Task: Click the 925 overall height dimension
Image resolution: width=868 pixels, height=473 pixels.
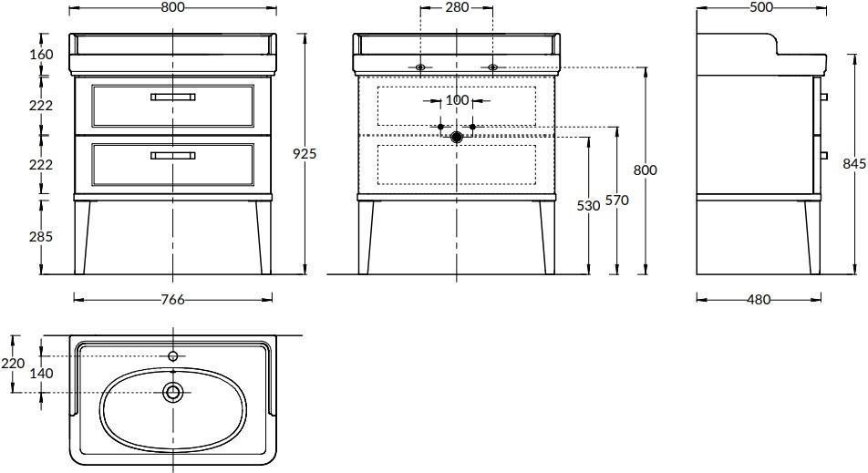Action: pos(305,153)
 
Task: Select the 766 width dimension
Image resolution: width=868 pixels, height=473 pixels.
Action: pos(172,300)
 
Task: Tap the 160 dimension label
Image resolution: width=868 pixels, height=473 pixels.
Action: pos(42,54)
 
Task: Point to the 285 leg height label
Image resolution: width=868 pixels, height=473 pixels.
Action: pos(41,236)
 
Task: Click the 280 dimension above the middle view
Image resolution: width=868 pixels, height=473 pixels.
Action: pos(457,7)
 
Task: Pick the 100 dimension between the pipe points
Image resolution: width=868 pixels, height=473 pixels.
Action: pos(457,100)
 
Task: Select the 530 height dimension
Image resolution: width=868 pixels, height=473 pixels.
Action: pos(588,206)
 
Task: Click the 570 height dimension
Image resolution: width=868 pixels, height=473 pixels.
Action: pos(616,200)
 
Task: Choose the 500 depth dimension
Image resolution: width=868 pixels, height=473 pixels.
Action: pos(761,7)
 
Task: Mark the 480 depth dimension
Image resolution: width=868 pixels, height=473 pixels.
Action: pos(759,299)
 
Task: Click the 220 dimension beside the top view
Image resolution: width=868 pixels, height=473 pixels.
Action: pos(13,364)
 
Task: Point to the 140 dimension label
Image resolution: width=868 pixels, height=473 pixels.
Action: pos(42,374)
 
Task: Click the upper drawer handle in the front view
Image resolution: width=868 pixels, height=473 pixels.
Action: pos(172,97)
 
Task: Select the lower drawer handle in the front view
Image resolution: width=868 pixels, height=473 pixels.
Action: pos(172,156)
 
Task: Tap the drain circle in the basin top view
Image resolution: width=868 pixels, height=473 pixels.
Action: pos(173,392)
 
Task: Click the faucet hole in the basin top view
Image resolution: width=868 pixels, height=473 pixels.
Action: pos(173,355)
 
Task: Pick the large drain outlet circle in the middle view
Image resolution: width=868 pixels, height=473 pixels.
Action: pos(457,137)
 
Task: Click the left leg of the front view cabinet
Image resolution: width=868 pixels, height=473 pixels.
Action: pos(82,237)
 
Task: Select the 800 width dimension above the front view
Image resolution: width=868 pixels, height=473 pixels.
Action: pos(173,7)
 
